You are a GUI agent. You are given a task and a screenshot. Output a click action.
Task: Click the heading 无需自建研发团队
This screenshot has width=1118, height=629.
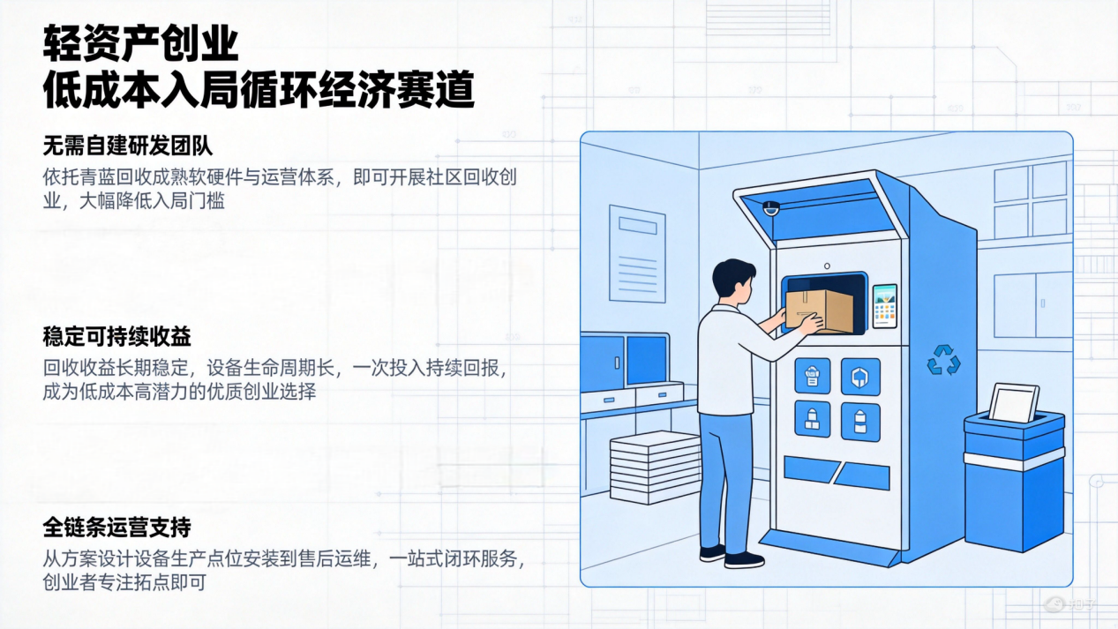(x=128, y=146)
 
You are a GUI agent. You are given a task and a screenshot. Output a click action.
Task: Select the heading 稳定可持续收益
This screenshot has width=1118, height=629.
(x=116, y=336)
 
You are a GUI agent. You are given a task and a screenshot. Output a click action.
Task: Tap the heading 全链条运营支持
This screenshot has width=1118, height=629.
(x=116, y=528)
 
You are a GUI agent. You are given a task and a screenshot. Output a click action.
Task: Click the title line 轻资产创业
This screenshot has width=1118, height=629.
(x=141, y=44)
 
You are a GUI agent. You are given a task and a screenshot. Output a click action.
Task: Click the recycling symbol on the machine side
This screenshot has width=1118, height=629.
(x=943, y=360)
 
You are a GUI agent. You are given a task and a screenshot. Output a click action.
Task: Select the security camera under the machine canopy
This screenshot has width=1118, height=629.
(x=771, y=207)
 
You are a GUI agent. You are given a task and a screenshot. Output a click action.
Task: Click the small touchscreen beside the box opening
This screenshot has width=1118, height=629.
(x=884, y=306)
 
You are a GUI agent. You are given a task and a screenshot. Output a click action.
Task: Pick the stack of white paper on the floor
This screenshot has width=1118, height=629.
(x=655, y=467)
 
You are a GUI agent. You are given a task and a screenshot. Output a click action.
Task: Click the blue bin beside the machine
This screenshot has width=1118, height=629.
(x=1014, y=481)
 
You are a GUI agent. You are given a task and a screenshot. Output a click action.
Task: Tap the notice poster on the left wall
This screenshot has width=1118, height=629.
(x=637, y=254)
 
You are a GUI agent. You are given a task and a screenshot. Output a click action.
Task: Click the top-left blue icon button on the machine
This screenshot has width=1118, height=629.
(x=813, y=376)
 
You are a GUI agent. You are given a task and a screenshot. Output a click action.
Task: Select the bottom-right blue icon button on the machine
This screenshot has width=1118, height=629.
(x=860, y=422)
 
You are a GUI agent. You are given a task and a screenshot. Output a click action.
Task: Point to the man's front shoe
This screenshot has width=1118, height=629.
(x=744, y=559)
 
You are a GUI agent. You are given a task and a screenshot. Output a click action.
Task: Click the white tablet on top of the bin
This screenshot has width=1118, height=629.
(x=1014, y=402)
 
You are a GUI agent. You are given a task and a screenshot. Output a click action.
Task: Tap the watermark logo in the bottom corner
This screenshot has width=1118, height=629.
(x=1070, y=604)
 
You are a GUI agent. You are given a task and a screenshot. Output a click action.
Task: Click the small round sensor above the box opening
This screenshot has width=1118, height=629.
(x=827, y=266)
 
